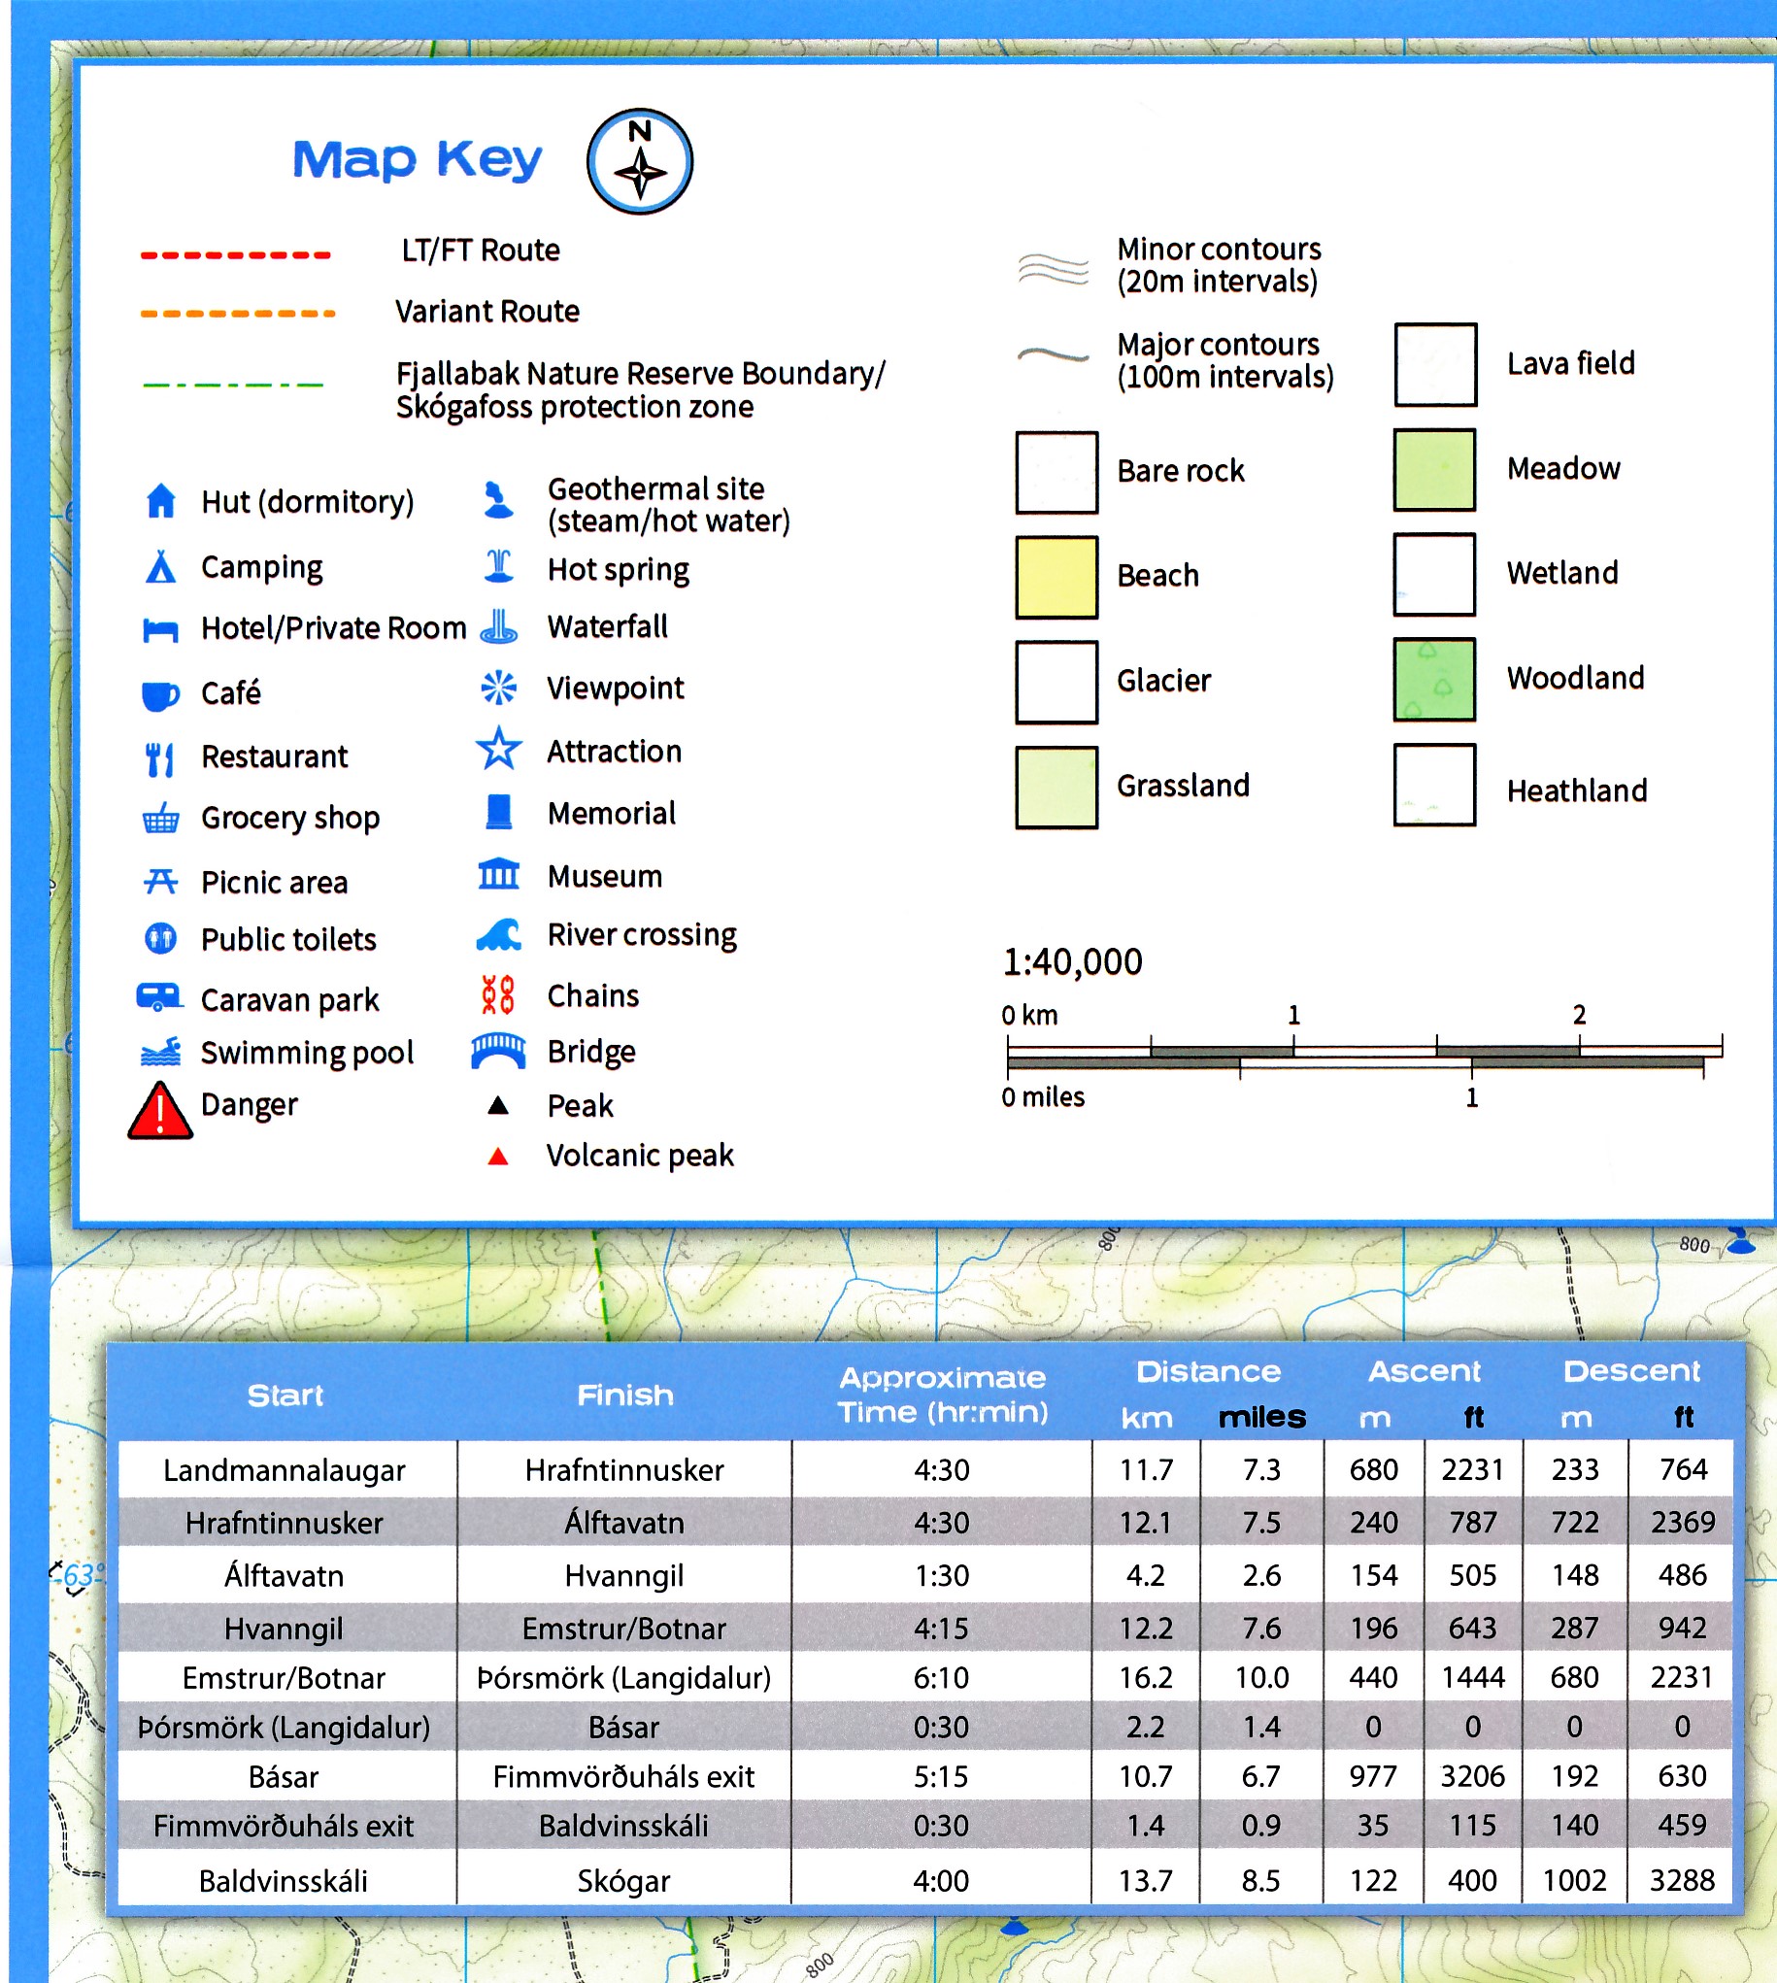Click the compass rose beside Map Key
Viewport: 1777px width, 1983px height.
640,161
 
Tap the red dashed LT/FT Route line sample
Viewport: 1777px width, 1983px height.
235,254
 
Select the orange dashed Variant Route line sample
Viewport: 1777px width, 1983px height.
237,314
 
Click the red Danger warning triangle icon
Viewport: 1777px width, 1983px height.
160,1111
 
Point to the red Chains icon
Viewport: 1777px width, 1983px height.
498,995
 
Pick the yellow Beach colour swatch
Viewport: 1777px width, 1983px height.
1056,577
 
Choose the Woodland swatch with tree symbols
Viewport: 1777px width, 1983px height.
1434,680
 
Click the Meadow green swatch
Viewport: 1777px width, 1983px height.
1434,470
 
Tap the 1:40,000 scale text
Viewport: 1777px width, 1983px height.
1072,962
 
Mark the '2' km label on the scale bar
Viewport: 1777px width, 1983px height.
1579,1016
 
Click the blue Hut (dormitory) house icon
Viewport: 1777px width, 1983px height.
161,501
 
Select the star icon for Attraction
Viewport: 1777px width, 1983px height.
499,750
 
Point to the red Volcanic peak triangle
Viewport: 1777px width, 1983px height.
498,1157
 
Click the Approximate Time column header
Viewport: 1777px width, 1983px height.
942,1395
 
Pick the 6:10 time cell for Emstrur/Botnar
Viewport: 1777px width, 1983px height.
941,1677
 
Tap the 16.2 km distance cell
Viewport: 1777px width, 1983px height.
1145,1677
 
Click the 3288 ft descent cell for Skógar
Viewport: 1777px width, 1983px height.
1681,1879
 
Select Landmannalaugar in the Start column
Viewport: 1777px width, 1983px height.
285,1470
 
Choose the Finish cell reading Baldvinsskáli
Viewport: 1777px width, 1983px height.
624,1826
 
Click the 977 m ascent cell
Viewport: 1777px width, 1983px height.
1373,1776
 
